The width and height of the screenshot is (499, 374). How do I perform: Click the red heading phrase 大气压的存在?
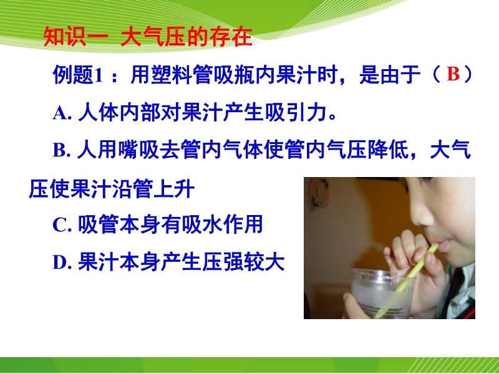coord(186,37)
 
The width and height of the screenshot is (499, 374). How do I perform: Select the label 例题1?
coord(79,75)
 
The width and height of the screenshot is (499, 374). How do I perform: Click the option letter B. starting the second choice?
coord(61,150)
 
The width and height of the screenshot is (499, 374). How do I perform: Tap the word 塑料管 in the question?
coord(172,75)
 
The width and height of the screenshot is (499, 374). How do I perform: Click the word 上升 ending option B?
coord(174,189)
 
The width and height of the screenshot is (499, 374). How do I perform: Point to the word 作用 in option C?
coord(243,224)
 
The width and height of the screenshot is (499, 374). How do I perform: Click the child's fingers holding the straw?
coord(407,251)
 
